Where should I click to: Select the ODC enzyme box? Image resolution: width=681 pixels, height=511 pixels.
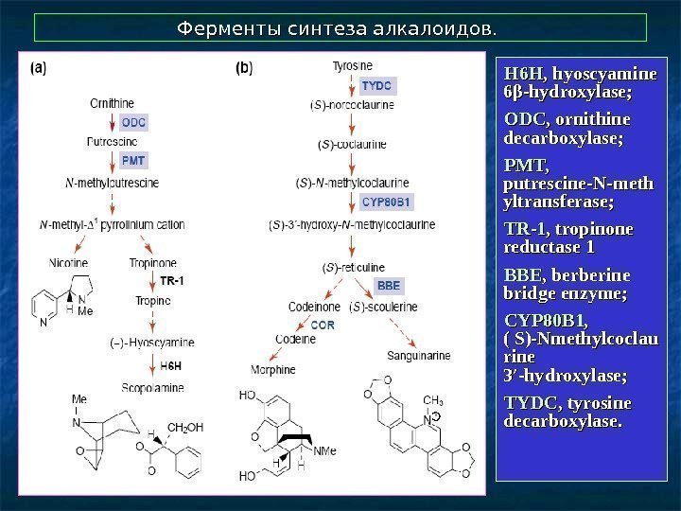pyautogui.click(x=134, y=122)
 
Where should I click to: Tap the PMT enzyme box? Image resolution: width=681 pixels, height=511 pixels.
pyautogui.click(x=134, y=161)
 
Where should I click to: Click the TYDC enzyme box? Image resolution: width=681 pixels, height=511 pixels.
pyautogui.click(x=375, y=86)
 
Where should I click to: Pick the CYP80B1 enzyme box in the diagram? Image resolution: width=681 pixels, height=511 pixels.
pyautogui.click(x=388, y=202)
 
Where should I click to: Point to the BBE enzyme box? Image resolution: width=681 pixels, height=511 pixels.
pyautogui.click(x=389, y=285)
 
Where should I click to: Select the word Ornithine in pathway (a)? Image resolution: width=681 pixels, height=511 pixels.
pyautogui.click(x=112, y=102)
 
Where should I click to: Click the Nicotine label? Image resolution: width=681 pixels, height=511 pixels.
pyautogui.click(x=69, y=262)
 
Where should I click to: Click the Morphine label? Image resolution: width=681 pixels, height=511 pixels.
pyautogui.click(x=273, y=369)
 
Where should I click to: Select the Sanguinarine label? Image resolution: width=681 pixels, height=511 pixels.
pyautogui.click(x=418, y=356)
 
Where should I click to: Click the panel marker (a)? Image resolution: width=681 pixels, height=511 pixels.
pyautogui.click(x=41, y=67)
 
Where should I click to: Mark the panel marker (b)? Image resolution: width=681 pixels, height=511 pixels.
pyautogui.click(x=243, y=67)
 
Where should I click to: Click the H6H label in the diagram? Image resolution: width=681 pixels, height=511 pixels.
pyautogui.click(x=170, y=365)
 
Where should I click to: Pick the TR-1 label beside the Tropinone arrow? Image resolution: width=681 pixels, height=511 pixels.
pyautogui.click(x=171, y=281)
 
